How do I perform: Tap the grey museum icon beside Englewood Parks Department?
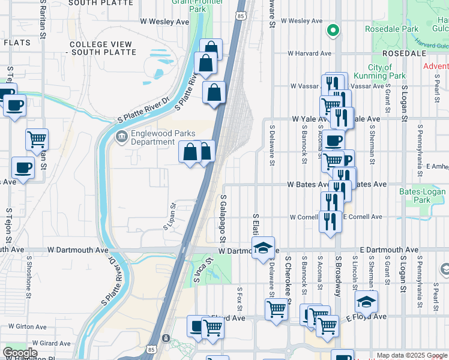tap(122, 137)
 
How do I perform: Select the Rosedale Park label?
tap(395, 29)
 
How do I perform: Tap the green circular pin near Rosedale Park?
tap(333, 29)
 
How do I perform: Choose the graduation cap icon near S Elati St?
tap(262, 248)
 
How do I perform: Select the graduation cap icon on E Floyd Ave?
tap(366, 301)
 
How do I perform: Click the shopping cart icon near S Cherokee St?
tap(276, 309)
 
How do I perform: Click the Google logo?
tap(20, 353)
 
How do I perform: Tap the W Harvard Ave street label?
tap(309, 53)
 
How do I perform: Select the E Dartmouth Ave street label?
tap(389, 250)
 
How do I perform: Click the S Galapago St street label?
tap(223, 213)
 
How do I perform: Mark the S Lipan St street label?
tap(169, 216)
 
